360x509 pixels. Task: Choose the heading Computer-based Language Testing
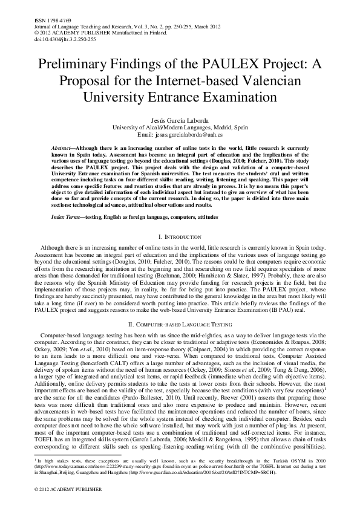coord(180,325)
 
